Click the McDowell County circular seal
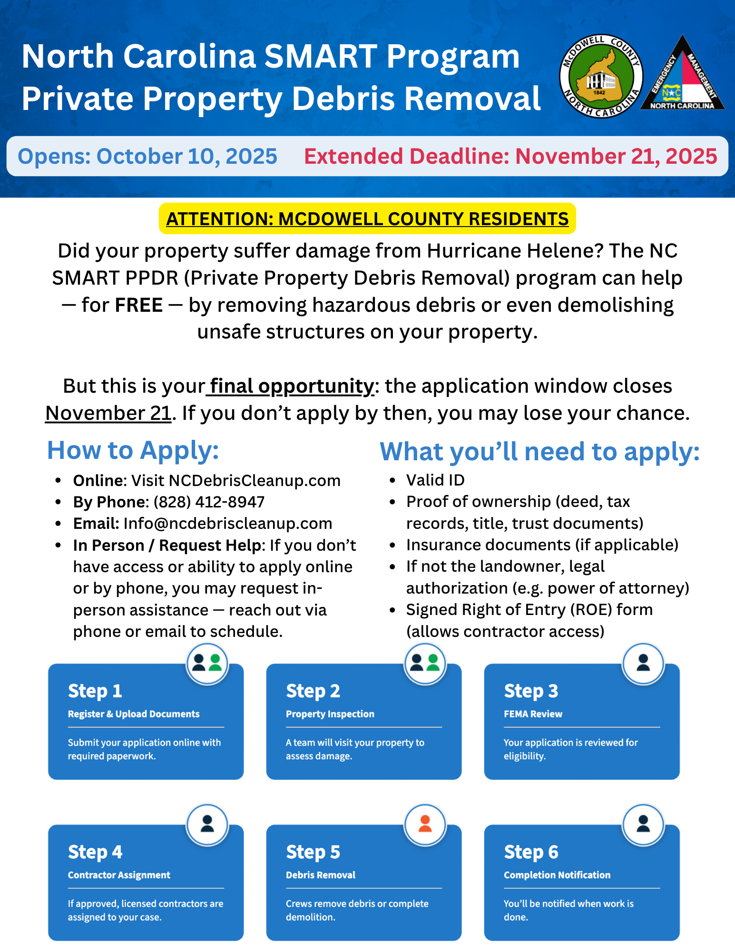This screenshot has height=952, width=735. pos(601,76)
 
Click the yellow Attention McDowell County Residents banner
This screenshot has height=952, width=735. pos(367,219)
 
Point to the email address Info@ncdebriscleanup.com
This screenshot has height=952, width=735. pos(227,524)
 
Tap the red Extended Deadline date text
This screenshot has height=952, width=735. pos(510,157)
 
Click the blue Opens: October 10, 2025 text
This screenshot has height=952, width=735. pos(147,157)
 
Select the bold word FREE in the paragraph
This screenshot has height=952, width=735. pos(139,305)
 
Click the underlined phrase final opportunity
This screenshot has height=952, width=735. pos(291,386)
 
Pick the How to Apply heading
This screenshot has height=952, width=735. pos(133,450)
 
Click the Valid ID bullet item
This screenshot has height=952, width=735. pos(435,480)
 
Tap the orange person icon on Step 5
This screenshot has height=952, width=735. pos(425,824)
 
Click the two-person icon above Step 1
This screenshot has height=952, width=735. pos(207,663)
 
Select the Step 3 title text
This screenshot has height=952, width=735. pos(531,691)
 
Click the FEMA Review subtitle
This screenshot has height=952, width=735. pos(533,714)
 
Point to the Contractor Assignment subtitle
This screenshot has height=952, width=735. pos(119,875)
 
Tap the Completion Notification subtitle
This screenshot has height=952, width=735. pos(557,875)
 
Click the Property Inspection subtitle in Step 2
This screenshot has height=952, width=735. pos(330,714)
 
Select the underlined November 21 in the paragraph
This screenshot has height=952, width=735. pos(108,413)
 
